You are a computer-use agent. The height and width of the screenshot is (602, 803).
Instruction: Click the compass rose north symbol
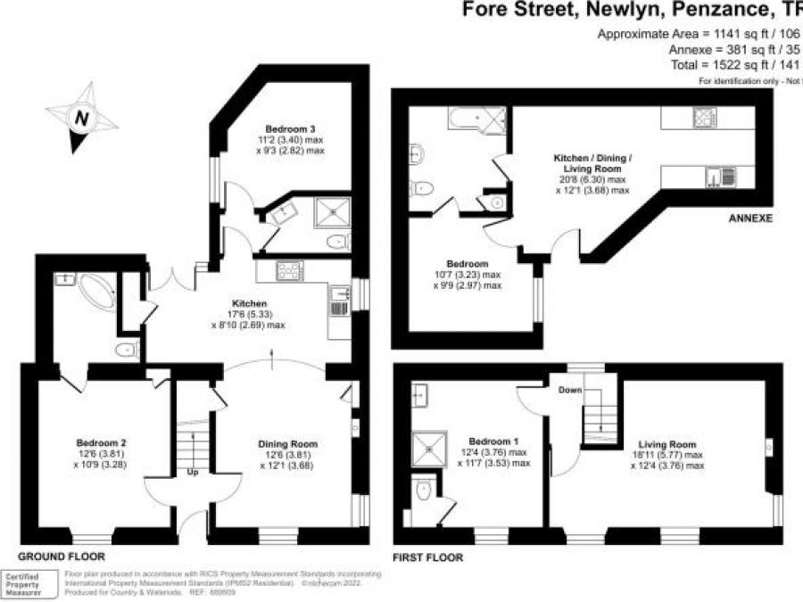pos(82,116)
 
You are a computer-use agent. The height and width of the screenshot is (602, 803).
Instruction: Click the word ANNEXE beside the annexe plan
pos(749,218)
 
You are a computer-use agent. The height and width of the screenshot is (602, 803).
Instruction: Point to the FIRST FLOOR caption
pos(428,557)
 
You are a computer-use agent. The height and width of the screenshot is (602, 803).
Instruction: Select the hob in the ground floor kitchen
pos(291,269)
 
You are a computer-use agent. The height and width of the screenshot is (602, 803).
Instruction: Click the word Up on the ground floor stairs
pos(192,472)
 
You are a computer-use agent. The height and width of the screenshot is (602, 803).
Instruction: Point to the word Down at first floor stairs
pos(571,391)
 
